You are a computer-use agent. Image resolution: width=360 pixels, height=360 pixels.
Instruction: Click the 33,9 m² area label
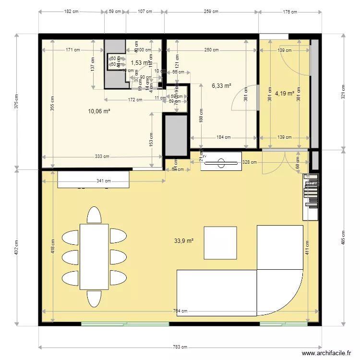pyautogui.click(x=184, y=241)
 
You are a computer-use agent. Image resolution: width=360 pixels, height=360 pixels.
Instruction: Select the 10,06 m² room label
pyautogui.click(x=99, y=111)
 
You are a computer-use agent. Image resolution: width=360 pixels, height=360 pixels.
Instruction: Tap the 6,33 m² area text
pyautogui.click(x=221, y=86)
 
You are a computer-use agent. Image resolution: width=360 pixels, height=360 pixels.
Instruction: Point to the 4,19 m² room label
pyautogui.click(x=284, y=94)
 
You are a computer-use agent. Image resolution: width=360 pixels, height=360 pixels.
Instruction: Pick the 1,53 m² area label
pyautogui.click(x=140, y=62)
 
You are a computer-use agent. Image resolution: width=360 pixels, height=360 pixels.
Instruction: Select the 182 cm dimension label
pyautogui.click(x=71, y=11)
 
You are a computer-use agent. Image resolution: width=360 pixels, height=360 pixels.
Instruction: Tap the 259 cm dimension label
pyautogui.click(x=211, y=11)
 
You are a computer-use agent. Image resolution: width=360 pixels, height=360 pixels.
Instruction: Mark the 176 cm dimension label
pyautogui.click(x=290, y=11)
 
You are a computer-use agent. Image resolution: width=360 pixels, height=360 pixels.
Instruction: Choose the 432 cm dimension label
pyautogui.click(x=17, y=247)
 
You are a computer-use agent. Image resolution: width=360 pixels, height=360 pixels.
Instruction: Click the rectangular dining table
pyautogui.click(x=94, y=257)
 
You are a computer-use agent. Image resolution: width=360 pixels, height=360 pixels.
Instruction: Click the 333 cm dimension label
pyautogui.click(x=101, y=156)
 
